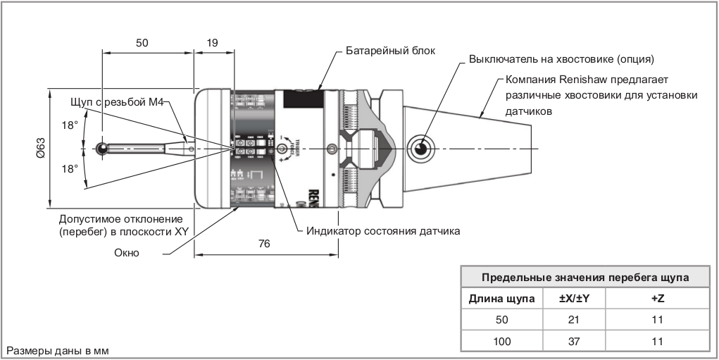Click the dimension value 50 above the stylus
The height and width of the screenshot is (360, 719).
click(142, 42)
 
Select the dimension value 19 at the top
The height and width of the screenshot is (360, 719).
click(211, 42)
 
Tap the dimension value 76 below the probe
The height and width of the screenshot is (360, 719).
click(264, 244)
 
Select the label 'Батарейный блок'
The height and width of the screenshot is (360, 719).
click(391, 51)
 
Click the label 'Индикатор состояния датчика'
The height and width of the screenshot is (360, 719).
click(383, 230)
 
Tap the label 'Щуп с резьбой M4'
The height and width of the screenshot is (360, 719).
click(116, 103)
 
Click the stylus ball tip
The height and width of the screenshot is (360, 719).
click(101, 148)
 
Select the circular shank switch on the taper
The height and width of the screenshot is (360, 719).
click(420, 148)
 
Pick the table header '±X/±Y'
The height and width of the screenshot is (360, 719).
click(574, 298)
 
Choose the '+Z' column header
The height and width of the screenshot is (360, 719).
click(658, 298)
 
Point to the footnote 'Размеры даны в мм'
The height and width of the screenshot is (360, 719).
click(58, 350)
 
